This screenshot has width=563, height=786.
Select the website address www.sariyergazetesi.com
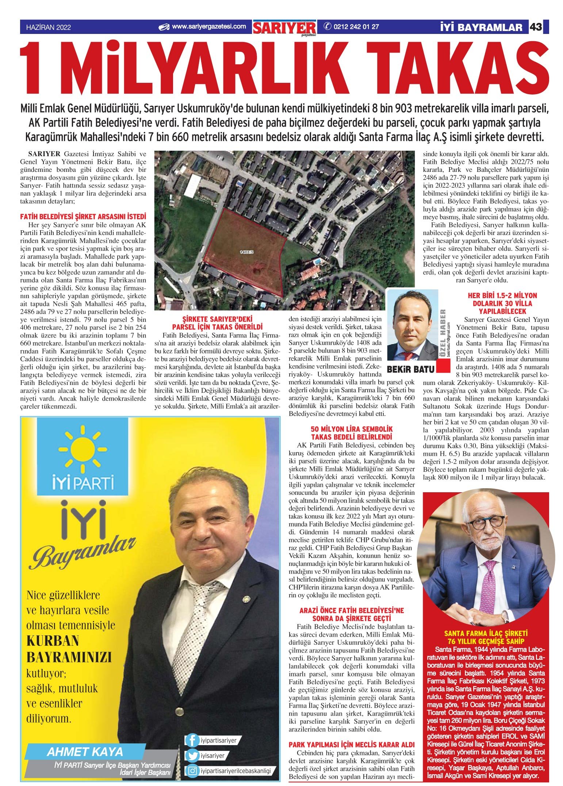208,27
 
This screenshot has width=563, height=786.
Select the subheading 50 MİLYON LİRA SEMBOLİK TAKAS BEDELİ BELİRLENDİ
351,433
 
